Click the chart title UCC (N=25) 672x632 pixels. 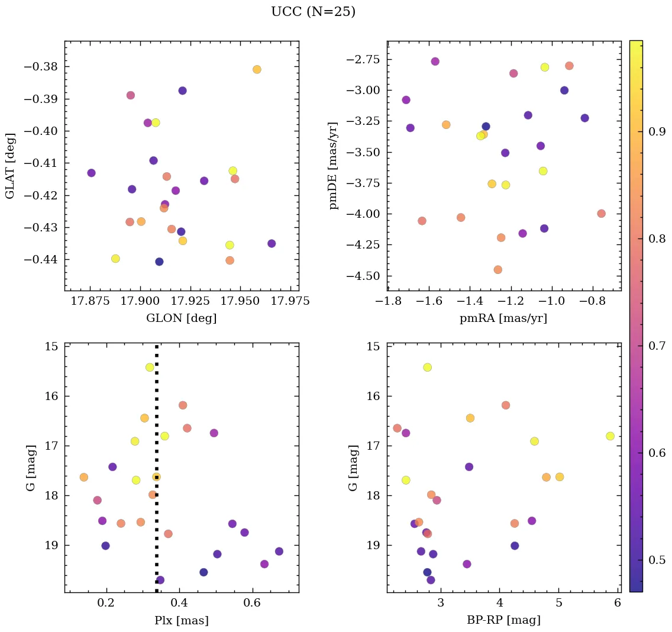coord(313,12)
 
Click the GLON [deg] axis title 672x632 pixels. coord(181,318)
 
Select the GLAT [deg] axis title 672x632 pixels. coord(10,166)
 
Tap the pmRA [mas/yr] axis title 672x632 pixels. coord(503,318)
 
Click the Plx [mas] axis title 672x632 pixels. coord(181,621)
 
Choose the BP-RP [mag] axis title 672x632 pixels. coord(503,621)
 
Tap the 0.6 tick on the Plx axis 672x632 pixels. coord(253,603)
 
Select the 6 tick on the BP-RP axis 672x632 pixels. coord(617,603)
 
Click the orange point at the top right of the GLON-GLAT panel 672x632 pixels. coord(257,69)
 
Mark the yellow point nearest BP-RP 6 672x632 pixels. coord(610,436)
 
